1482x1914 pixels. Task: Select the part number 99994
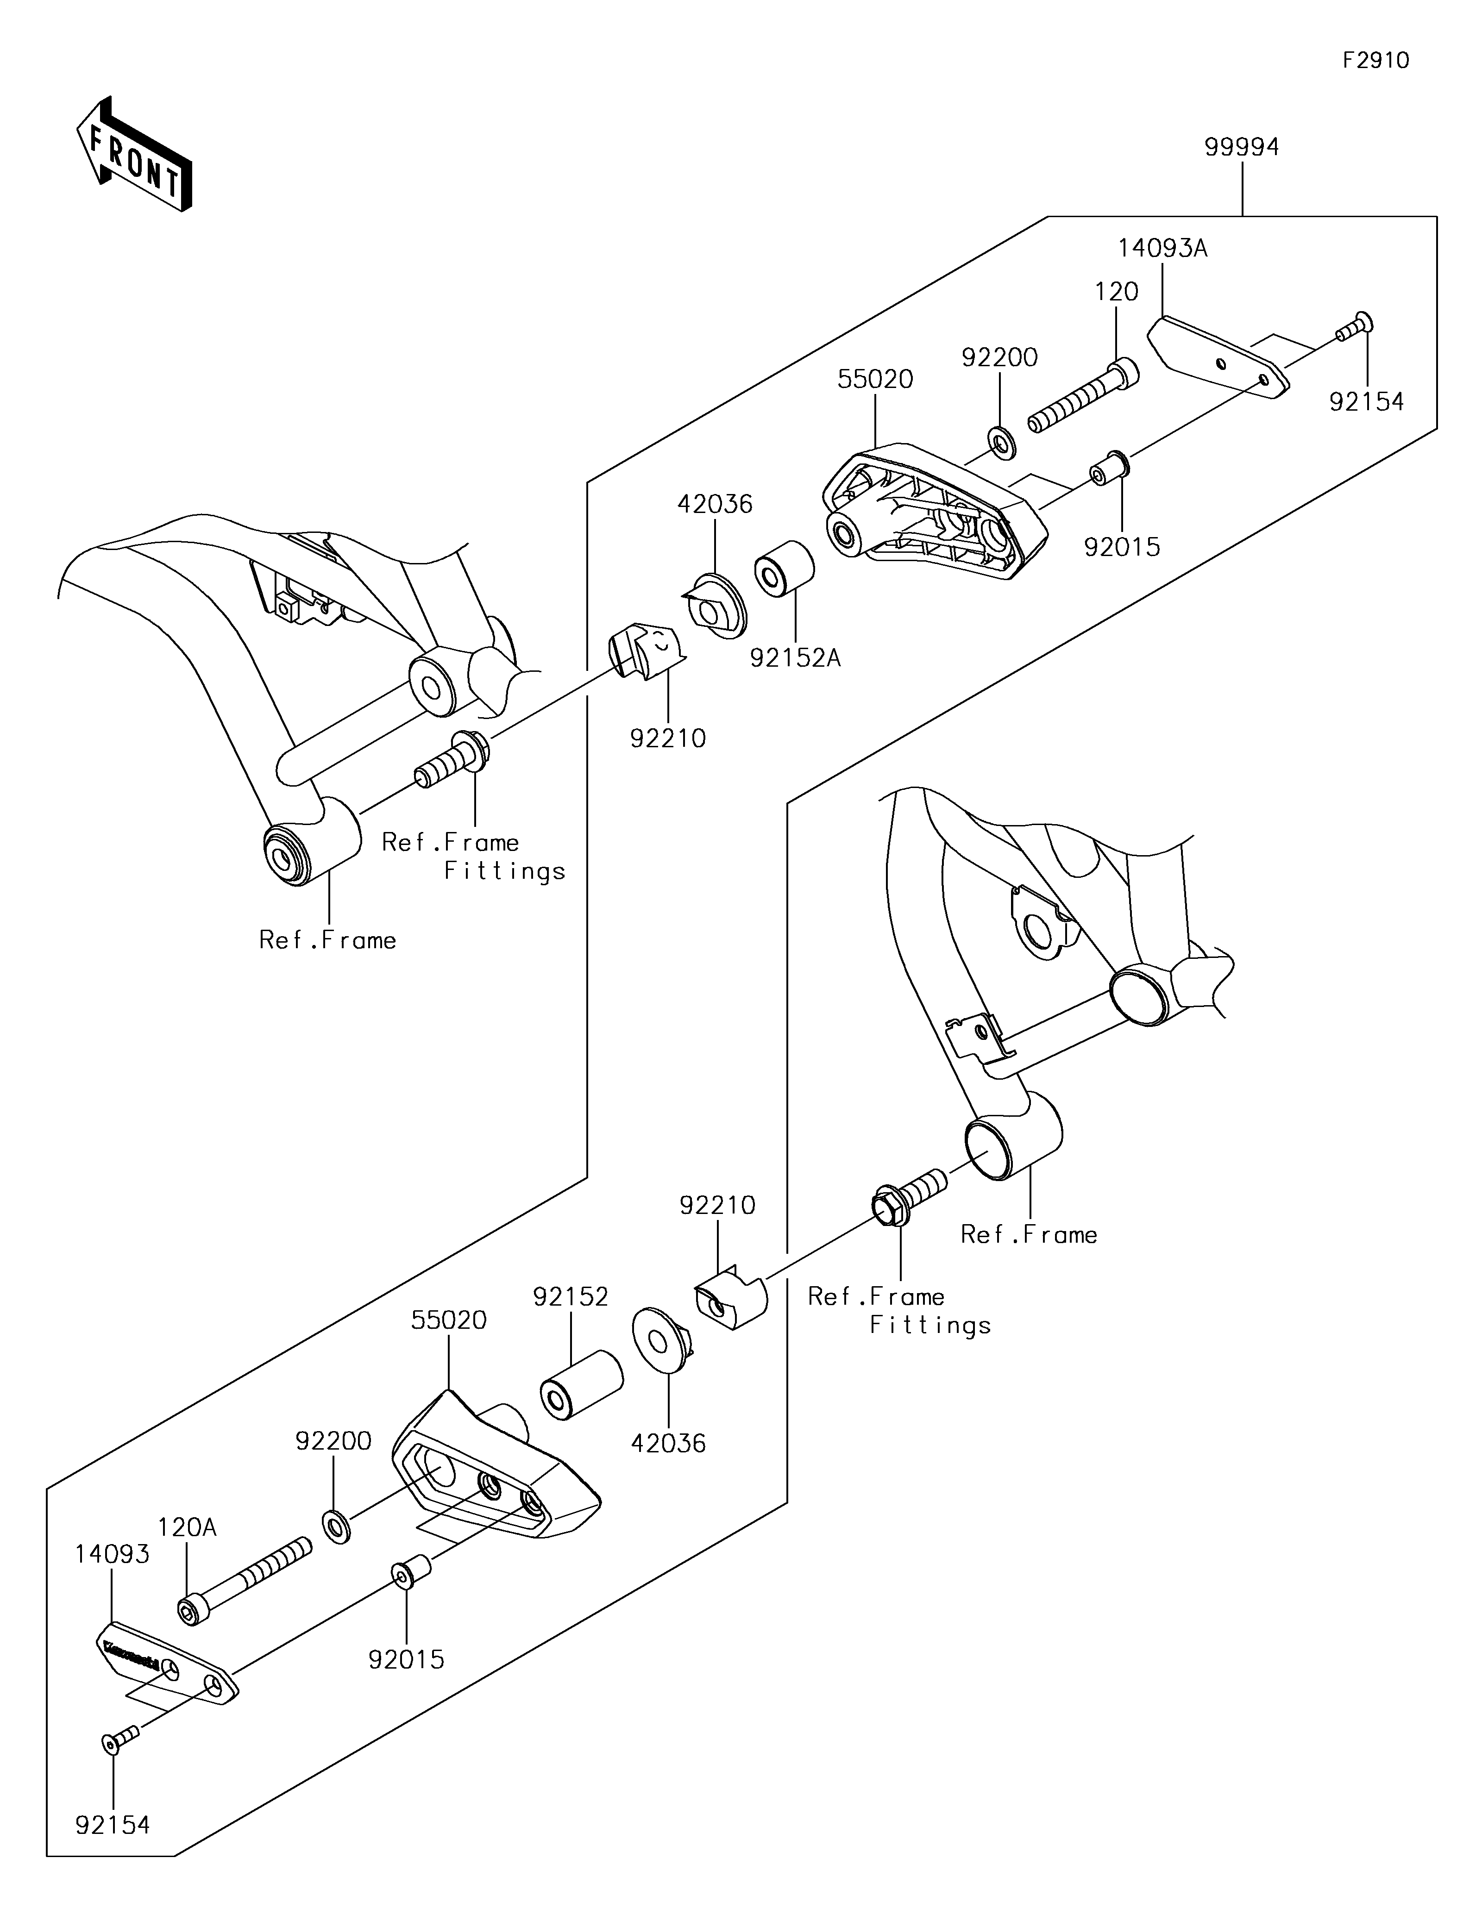(1242, 147)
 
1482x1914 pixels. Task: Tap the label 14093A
(1162, 249)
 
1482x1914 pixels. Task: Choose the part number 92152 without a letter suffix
(571, 1296)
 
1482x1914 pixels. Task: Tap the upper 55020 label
(875, 380)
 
